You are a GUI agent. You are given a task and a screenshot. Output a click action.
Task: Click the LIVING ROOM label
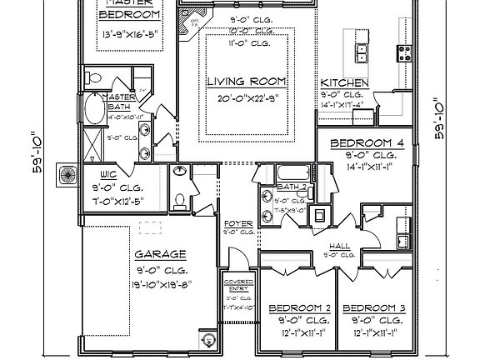[247, 82]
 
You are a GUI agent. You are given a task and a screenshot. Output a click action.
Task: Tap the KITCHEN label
[344, 84]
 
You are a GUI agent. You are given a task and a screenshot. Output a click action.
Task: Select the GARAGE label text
[159, 254]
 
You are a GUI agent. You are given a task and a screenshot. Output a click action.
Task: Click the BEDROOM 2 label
[299, 308]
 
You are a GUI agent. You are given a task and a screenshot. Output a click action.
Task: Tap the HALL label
[340, 246]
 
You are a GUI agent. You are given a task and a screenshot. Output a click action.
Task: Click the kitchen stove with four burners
[405, 53]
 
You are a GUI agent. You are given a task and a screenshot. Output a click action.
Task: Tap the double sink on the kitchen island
[363, 52]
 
